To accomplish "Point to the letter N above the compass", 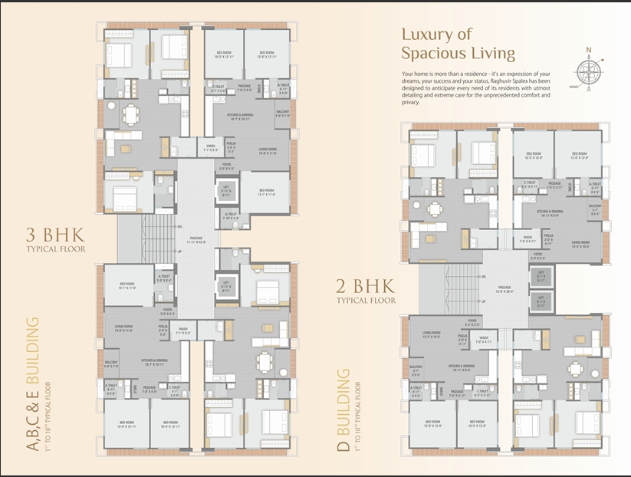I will click(589, 51).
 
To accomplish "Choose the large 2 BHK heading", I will click(365, 288).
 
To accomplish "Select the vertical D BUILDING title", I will click(345, 410).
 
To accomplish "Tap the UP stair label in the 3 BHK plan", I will click(179, 252).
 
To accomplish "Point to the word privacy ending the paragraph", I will click(411, 101).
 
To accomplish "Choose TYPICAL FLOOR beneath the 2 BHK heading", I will click(365, 301).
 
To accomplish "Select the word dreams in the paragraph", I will click(412, 81).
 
